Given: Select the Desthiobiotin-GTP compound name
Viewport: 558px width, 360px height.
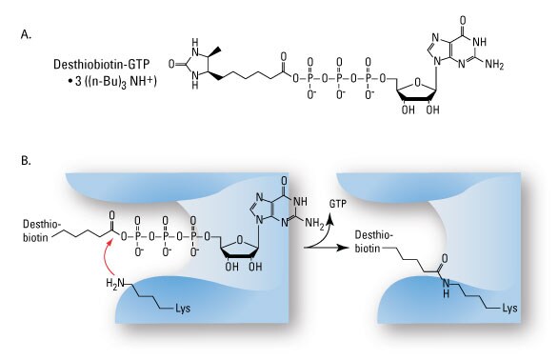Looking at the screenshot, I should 98,62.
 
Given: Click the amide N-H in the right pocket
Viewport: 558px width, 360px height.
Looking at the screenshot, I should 448,305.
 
